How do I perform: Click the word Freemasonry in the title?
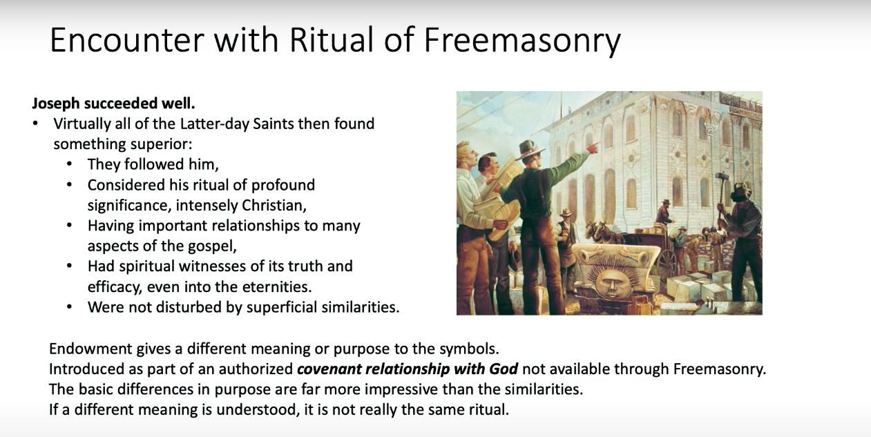coord(522,41)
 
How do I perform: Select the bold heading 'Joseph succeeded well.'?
coord(113,104)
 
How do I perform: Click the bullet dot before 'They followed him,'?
coord(69,164)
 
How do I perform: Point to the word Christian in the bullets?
coord(274,205)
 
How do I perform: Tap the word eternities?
coord(276,287)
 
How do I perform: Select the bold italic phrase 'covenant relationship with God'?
coord(408,369)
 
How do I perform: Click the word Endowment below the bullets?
coord(90,349)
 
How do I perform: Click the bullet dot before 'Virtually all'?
coord(35,124)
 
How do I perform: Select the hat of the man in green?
coord(529,150)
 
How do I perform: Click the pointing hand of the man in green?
coord(592,147)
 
